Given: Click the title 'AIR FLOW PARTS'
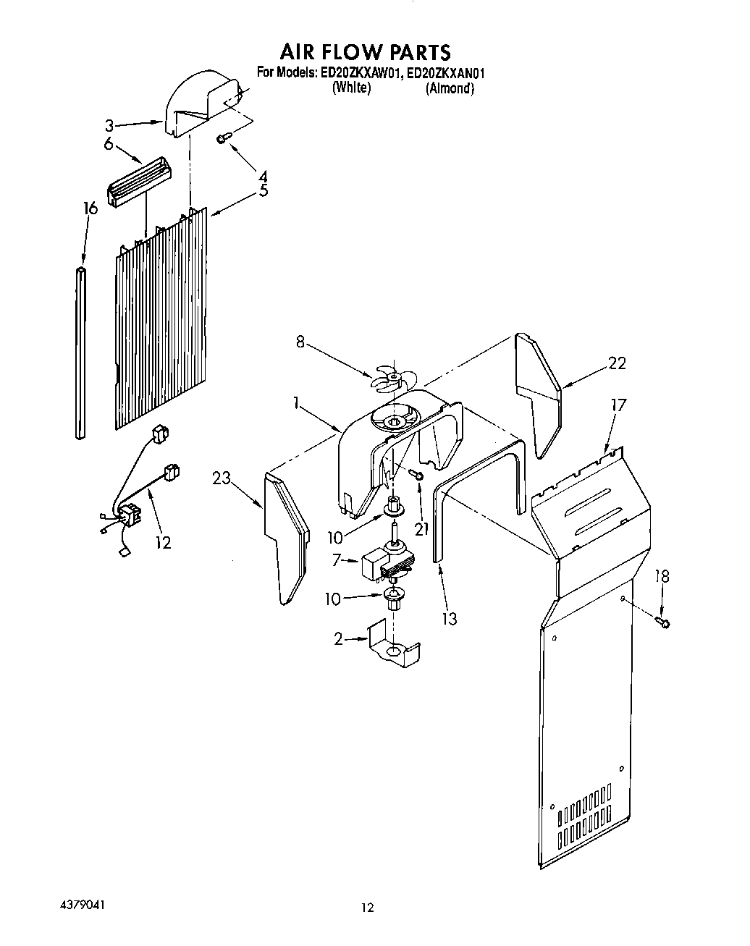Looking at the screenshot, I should tap(365, 51).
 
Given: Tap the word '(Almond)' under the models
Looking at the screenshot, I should tap(450, 88).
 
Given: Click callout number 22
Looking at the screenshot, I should tap(616, 363).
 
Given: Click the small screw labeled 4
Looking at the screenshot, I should tap(224, 138).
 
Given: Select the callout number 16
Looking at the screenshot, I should tap(89, 208).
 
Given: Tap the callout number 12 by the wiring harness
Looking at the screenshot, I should tap(163, 541).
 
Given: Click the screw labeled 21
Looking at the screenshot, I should tap(416, 473).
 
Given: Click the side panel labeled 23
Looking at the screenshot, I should tap(287, 536).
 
